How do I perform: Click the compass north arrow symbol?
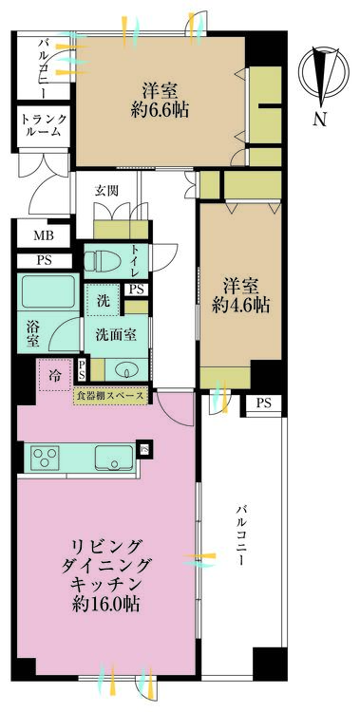click(x=324, y=76)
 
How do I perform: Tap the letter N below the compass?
click(x=320, y=119)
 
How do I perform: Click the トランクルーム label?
click(x=44, y=125)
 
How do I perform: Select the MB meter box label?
click(x=44, y=235)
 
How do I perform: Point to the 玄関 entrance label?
click(x=106, y=190)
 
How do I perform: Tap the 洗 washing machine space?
click(x=104, y=300)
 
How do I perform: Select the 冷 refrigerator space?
click(x=54, y=375)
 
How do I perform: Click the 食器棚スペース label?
click(x=111, y=396)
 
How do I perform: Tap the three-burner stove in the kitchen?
click(x=45, y=457)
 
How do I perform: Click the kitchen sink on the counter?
click(x=114, y=457)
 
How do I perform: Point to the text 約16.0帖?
click(x=105, y=604)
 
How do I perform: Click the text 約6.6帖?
click(x=160, y=110)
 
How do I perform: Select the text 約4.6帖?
click(x=240, y=306)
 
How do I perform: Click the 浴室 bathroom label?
click(x=32, y=334)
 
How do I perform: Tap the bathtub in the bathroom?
click(x=47, y=290)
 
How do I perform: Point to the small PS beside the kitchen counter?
click(x=144, y=450)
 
